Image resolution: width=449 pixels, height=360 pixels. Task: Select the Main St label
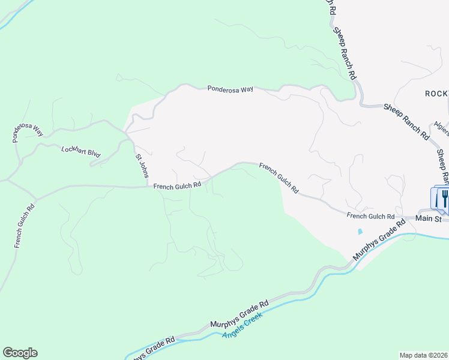[429, 218]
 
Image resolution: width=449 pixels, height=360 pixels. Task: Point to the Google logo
[20, 353]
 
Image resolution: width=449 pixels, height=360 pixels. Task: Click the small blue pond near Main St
[360, 231]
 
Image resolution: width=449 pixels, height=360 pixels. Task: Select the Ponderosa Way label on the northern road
[231, 89]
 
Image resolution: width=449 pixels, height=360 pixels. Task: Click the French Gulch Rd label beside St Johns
[176, 187]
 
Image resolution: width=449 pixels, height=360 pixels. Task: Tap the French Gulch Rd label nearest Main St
[370, 216]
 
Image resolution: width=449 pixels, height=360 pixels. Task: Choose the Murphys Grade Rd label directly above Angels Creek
[239, 315]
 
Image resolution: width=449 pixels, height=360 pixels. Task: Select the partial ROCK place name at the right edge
[436, 94]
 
